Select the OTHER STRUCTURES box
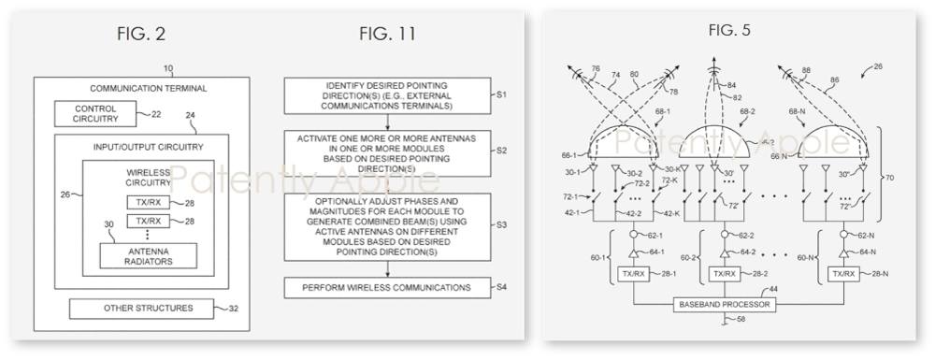point(136,308)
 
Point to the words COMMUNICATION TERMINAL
point(124,88)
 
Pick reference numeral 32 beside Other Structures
point(234,308)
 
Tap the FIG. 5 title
point(718,30)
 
